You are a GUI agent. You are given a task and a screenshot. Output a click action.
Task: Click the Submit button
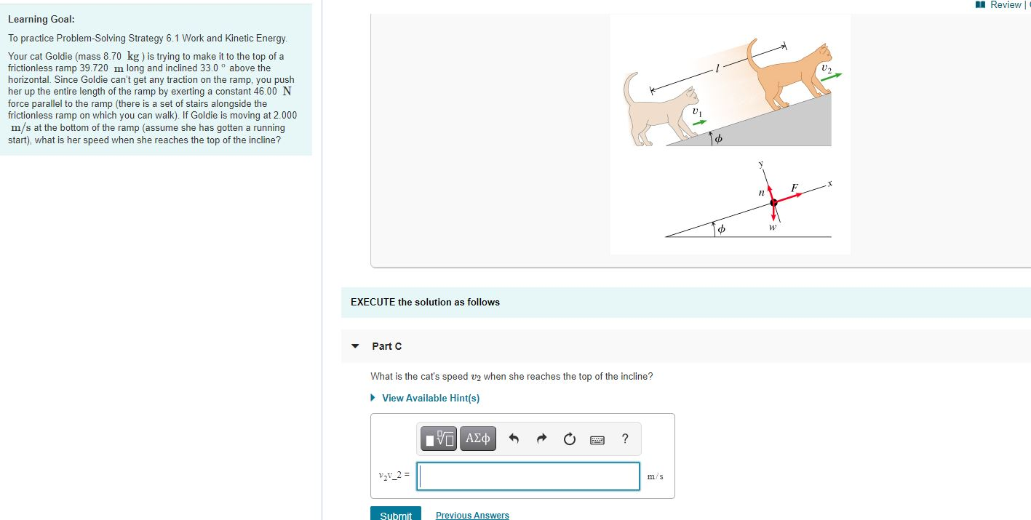(396, 514)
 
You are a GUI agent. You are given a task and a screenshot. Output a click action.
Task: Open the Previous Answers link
(472, 515)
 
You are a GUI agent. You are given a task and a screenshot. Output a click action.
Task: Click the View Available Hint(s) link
(430, 398)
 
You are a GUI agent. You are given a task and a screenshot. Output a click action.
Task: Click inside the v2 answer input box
(529, 476)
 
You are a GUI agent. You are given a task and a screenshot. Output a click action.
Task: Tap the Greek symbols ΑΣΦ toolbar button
(477, 439)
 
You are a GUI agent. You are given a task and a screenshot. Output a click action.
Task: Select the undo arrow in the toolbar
(514, 439)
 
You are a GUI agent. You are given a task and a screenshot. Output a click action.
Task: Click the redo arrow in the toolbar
(541, 439)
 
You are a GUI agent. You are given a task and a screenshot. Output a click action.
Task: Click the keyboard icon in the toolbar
(597, 439)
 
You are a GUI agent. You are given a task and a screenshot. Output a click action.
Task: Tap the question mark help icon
(625, 438)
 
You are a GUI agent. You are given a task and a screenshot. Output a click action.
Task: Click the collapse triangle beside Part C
(355, 346)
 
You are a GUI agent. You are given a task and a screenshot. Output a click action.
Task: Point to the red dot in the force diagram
(773, 204)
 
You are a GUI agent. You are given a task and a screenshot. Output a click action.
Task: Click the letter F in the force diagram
(795, 188)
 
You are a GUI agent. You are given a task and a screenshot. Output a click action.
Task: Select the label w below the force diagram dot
(772, 227)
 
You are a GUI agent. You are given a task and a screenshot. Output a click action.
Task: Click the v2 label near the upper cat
(825, 68)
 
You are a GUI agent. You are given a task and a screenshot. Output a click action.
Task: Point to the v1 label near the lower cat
(698, 112)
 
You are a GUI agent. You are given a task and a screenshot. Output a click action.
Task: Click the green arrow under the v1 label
(698, 124)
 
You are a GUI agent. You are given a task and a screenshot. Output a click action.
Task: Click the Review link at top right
(1005, 5)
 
